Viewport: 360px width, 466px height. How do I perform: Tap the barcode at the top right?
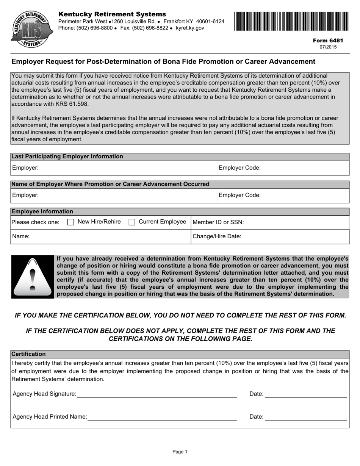291,21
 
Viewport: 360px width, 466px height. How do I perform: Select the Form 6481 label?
328,41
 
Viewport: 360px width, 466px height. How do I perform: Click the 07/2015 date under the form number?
328,47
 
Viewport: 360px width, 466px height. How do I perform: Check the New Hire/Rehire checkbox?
70,222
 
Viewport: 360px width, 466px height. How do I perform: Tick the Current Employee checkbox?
132,222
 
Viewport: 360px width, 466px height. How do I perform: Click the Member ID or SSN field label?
218,222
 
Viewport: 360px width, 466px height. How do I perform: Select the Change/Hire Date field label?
217,236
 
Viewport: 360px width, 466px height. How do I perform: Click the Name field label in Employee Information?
21,236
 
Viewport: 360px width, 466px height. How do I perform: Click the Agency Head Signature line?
157,394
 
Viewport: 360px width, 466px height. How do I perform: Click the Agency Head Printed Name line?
162,417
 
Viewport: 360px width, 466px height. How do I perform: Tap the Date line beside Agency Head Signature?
306,394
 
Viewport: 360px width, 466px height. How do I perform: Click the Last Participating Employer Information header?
67,156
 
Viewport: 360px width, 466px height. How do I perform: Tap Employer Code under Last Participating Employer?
240,168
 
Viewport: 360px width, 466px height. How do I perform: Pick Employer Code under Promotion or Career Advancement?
240,195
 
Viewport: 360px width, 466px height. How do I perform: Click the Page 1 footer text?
180,452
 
